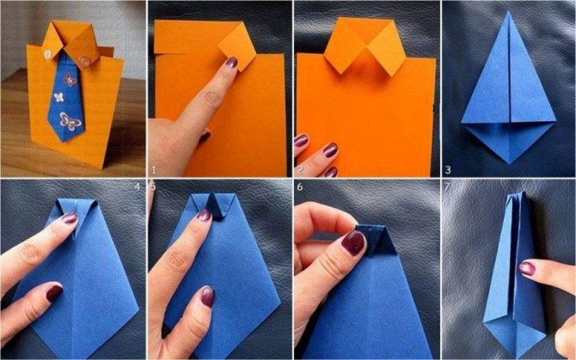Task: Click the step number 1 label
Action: (154, 170)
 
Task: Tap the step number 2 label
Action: (300, 170)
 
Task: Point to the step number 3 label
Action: (448, 170)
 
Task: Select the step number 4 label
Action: (138, 186)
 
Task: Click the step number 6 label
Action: (300, 186)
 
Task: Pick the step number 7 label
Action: (447, 186)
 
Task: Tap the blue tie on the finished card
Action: (66, 98)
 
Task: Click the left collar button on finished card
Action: (48, 55)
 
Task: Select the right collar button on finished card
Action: (84, 61)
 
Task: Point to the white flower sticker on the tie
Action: (59, 97)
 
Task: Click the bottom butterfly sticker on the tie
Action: (70, 121)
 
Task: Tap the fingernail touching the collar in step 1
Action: (231, 62)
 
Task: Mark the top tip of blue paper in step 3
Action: (508, 11)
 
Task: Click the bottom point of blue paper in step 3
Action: (509, 163)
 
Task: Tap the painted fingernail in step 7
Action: (527, 268)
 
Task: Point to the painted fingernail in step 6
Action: (353, 242)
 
